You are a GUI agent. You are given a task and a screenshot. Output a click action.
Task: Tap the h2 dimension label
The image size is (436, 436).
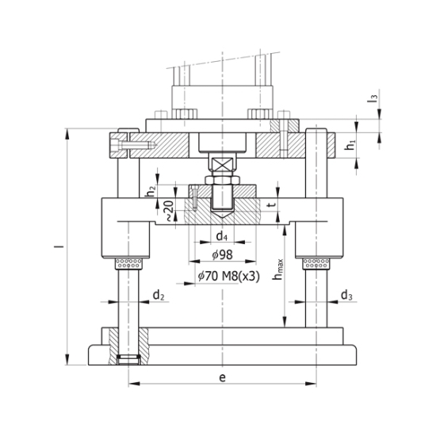(x=151, y=190)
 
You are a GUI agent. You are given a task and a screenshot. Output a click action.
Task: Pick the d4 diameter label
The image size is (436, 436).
(x=224, y=237)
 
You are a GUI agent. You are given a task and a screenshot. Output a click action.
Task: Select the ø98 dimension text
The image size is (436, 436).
(x=223, y=254)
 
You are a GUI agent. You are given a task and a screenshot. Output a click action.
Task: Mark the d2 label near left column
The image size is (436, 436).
(x=158, y=296)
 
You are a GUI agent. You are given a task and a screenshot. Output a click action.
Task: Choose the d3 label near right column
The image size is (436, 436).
(x=346, y=296)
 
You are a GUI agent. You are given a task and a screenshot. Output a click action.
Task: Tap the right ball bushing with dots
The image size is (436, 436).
(x=317, y=262)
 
